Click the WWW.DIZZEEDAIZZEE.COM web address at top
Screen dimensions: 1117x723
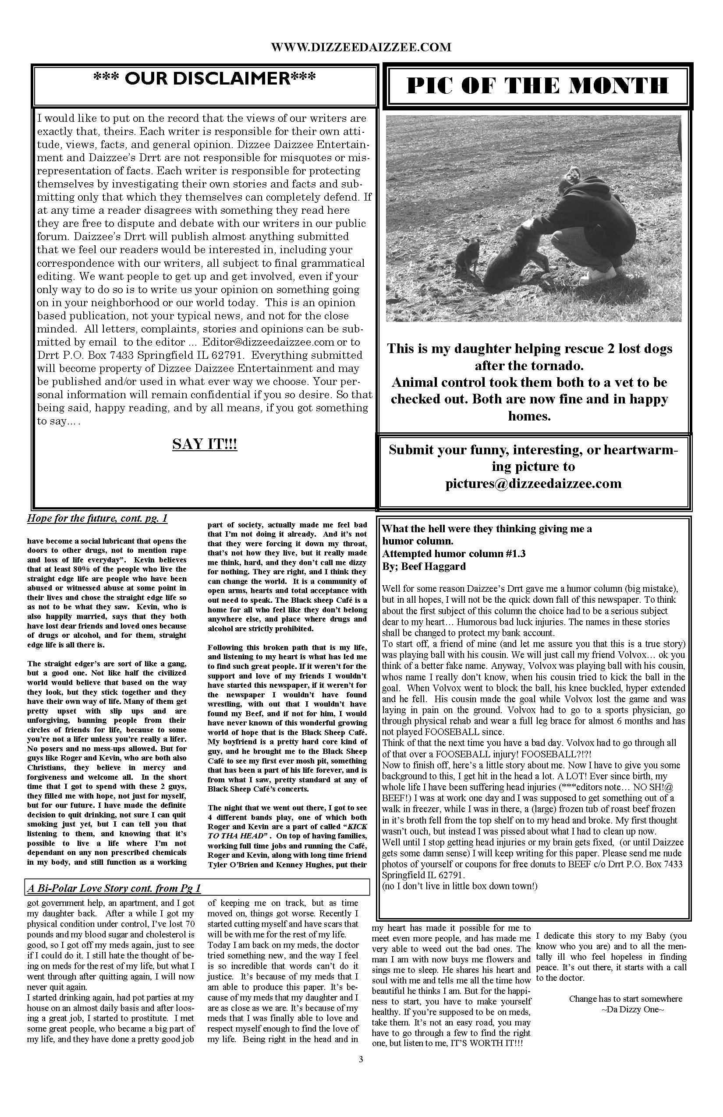[361, 47]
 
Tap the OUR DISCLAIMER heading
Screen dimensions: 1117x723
[204, 78]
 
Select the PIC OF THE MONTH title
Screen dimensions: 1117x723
[537, 86]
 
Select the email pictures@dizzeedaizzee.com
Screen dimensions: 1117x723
[533, 484]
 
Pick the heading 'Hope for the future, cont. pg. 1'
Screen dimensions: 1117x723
[97, 518]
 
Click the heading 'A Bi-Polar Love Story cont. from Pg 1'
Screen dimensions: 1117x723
[114, 888]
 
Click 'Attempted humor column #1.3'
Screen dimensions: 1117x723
[454, 554]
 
